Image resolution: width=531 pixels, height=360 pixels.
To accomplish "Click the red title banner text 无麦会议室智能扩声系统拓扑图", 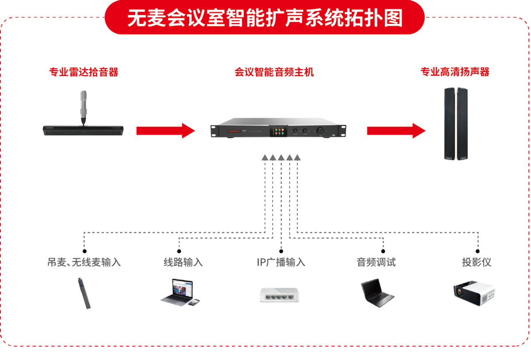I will [265, 18].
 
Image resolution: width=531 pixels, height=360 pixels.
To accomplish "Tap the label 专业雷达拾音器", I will [84, 72].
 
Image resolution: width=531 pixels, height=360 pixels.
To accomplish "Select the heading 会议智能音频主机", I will [274, 72].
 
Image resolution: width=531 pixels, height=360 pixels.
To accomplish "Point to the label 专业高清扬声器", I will [455, 72].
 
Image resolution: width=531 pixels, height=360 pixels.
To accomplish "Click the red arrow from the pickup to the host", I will [165, 130].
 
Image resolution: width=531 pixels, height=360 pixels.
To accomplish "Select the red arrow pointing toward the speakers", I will [396, 130].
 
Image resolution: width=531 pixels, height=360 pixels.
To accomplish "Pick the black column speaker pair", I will [456, 123].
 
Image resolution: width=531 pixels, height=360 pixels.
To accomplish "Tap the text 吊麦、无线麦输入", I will [84, 262].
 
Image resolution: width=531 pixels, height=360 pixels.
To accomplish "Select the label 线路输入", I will [183, 262].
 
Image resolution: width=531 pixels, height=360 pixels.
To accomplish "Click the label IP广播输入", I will [281, 262].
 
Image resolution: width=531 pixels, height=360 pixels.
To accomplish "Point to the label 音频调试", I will [376, 262].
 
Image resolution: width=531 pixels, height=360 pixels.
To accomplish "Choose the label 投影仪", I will [477, 262].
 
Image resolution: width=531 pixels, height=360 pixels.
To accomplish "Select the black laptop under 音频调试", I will [376, 293].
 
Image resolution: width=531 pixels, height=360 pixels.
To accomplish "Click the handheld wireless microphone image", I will [85, 293].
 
